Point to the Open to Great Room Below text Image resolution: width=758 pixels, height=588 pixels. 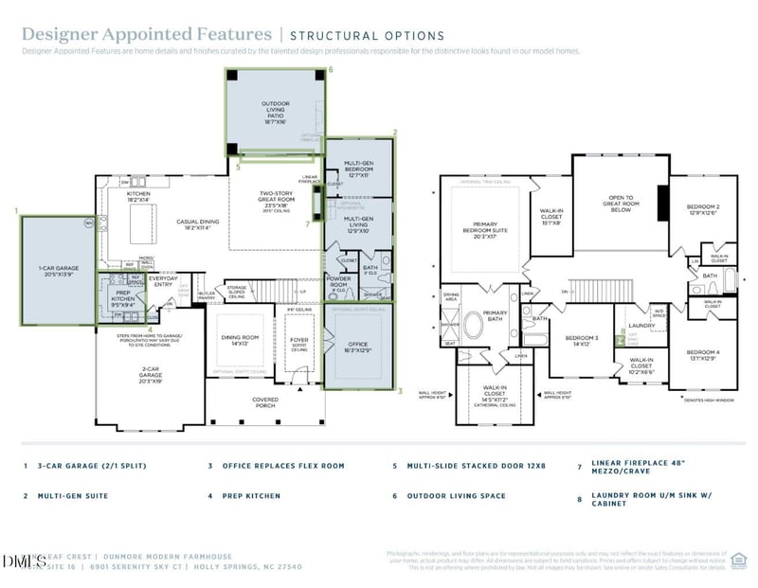point(621,205)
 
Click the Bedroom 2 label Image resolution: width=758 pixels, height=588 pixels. point(703,209)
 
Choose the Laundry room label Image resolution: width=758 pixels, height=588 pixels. point(641,326)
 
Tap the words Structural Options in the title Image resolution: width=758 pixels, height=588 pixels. point(367,35)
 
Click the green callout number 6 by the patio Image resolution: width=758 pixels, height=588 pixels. point(330,70)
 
